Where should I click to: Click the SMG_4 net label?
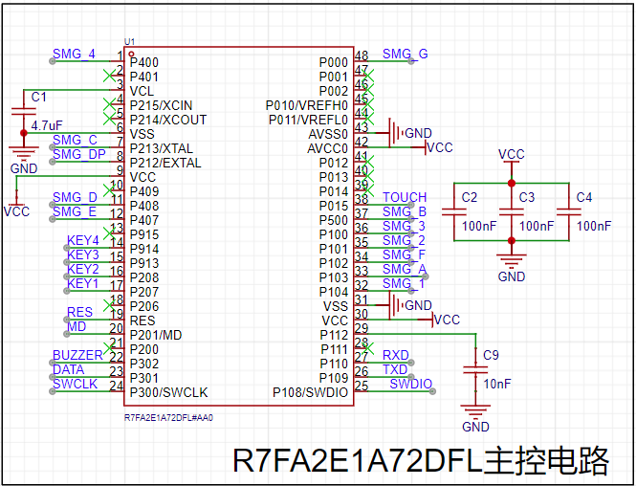74,54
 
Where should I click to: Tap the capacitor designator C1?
38,98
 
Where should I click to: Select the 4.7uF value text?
47,125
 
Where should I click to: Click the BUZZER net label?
77,355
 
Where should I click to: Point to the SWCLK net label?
75,384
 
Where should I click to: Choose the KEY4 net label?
83,240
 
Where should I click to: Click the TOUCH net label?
405,197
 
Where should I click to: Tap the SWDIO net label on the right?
410,384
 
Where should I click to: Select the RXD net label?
395,355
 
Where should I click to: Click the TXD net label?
395,369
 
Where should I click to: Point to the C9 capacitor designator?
491,355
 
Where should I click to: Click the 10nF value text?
496,384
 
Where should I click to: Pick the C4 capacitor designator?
584,197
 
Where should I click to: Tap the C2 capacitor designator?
469,197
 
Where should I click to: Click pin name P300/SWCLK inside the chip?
168,392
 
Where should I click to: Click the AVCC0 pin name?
328,148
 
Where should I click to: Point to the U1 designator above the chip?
129,41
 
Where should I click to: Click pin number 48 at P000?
362,55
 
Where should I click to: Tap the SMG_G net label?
405,54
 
